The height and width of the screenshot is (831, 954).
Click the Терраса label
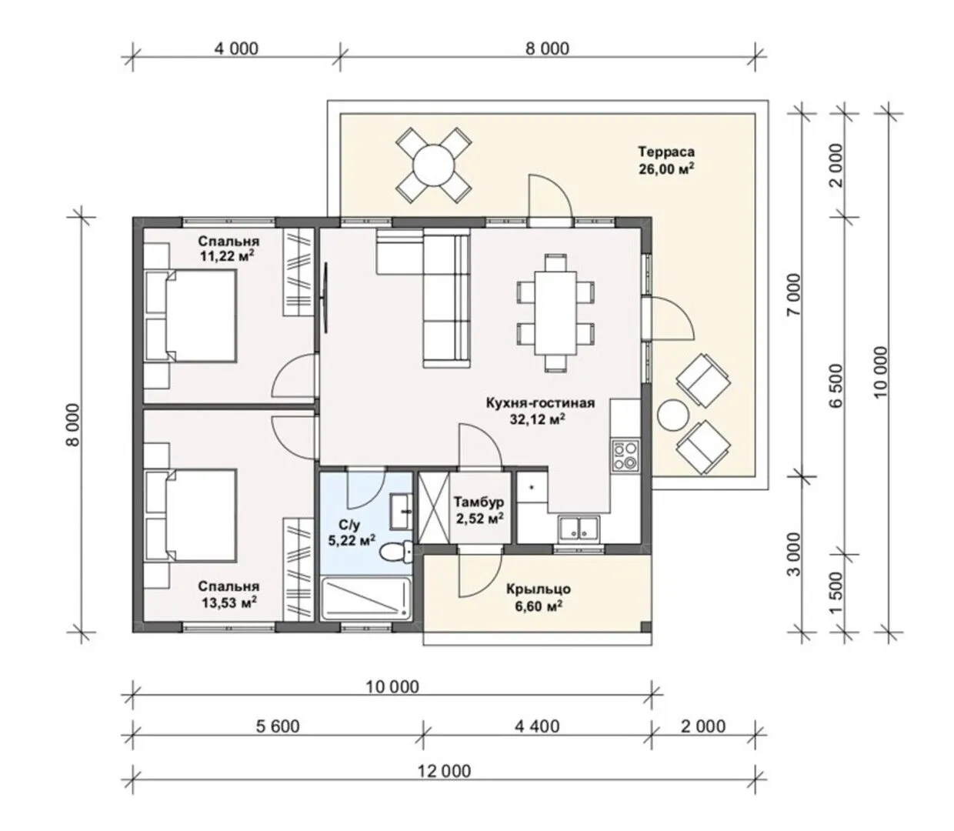click(x=665, y=152)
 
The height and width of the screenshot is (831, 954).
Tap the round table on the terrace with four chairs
click(x=434, y=165)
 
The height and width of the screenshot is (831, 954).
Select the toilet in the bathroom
click(x=395, y=552)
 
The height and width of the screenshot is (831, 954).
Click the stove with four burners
click(x=625, y=456)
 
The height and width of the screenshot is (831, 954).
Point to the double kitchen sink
click(x=580, y=529)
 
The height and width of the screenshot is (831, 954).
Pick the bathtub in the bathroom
click(x=366, y=598)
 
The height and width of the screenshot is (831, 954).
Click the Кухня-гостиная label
click(x=540, y=402)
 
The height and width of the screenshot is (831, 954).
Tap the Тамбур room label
click(x=479, y=502)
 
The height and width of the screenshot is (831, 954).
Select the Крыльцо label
click(x=539, y=589)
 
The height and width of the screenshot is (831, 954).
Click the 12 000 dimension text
click(x=444, y=771)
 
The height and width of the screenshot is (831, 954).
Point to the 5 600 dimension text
click(x=278, y=726)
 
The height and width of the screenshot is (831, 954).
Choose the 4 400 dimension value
click(x=537, y=726)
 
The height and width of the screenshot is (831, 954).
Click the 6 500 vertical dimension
click(x=837, y=385)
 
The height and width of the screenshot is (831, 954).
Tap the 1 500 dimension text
click(x=837, y=593)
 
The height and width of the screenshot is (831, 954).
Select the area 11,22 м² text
click(x=228, y=255)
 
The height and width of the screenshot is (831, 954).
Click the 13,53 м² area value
click(x=229, y=602)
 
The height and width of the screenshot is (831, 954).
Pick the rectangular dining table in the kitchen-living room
click(x=555, y=312)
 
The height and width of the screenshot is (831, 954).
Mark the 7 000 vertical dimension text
click(x=793, y=295)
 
